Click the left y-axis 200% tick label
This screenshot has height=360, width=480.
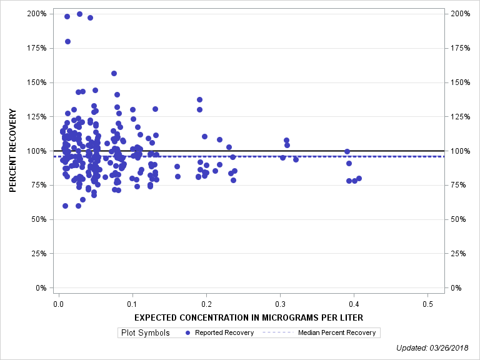click(x=37, y=13)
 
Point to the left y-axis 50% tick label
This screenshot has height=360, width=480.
click(x=39, y=219)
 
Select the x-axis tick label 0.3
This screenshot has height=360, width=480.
click(x=280, y=304)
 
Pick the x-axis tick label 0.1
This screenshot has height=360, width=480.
click(x=132, y=304)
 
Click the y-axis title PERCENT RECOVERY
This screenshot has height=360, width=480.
click(x=12, y=151)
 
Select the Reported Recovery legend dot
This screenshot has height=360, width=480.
click(x=188, y=332)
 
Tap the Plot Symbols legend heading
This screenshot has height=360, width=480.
click(x=145, y=332)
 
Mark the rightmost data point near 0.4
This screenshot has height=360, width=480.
click(x=359, y=178)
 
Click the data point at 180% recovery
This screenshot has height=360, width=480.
click(x=67, y=42)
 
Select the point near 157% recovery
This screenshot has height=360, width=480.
click(x=114, y=73)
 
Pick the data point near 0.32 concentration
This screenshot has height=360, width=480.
click(x=296, y=159)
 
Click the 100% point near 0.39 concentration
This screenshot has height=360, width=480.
click(x=347, y=151)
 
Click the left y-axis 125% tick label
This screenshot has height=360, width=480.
click(x=37, y=116)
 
